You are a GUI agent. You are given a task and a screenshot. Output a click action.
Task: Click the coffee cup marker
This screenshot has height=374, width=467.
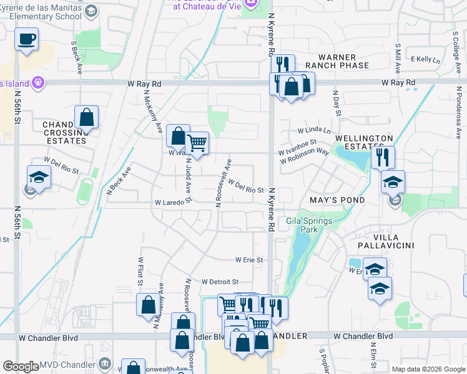click(x=26, y=40)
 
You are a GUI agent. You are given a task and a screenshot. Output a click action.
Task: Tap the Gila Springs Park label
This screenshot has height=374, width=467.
click(x=302, y=225)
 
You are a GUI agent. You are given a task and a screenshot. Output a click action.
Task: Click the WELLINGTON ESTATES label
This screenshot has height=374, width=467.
click(x=364, y=142)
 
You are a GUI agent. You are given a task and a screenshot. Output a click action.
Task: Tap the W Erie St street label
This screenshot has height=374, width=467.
click(x=249, y=259)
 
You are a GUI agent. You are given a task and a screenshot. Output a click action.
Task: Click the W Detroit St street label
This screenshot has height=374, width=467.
click(x=220, y=282)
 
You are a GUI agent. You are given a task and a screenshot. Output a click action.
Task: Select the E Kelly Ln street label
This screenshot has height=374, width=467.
click(x=425, y=59)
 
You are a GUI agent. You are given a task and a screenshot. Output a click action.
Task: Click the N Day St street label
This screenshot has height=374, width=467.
click(x=337, y=107)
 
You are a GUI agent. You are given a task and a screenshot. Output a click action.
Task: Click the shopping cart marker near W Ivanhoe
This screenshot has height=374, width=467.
click(x=197, y=143)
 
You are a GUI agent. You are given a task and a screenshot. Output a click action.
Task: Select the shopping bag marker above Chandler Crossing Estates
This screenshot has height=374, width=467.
click(x=86, y=117)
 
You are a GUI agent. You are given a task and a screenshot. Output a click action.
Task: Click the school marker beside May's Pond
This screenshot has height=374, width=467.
click(x=393, y=181)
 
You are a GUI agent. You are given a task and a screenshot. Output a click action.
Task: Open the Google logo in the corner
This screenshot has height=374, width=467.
click(x=21, y=367)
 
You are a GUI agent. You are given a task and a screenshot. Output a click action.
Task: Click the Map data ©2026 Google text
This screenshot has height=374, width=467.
click(x=428, y=369)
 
